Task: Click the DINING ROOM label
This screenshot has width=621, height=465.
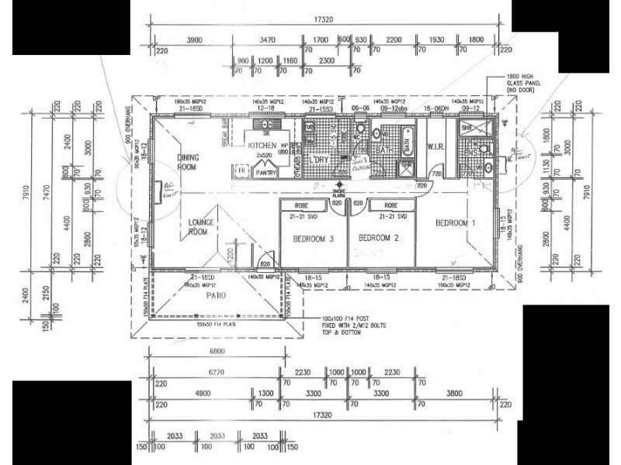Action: pyautogui.click(x=188, y=162)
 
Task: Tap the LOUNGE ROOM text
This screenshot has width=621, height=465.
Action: pyautogui.click(x=201, y=226)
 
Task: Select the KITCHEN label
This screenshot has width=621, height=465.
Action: pyautogui.click(x=262, y=145)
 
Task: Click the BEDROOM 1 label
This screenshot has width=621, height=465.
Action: pyautogui.click(x=456, y=223)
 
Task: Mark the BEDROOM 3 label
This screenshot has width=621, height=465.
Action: pyautogui.click(x=313, y=239)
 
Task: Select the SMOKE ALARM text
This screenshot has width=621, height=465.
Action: pyautogui.click(x=338, y=193)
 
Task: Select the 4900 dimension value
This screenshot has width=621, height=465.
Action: pyautogui.click(x=203, y=393)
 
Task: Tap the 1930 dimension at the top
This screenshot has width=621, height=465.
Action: pyautogui.click(x=436, y=40)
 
